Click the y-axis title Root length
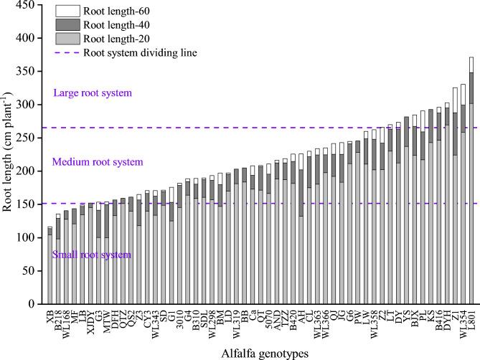[x=9, y=155]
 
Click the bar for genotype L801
[x=471, y=180]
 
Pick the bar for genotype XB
[x=50, y=265]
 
